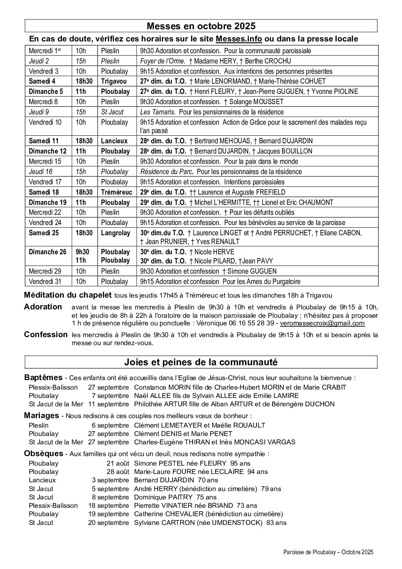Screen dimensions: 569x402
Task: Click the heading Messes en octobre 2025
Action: [x=201, y=26]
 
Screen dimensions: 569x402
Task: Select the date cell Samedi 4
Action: [x=42, y=81]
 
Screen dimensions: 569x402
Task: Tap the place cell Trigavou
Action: [x=113, y=81]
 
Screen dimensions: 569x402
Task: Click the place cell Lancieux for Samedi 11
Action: [x=114, y=141]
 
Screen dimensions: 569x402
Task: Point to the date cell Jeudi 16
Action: [x=41, y=172]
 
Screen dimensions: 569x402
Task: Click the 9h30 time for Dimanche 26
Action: [x=82, y=252]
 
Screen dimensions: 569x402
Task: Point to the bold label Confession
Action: [x=46, y=335]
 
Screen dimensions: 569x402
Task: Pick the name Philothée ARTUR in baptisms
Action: [x=158, y=404]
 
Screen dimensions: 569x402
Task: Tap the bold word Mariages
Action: [x=41, y=415]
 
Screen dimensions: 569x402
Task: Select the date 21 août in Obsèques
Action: [x=118, y=463]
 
